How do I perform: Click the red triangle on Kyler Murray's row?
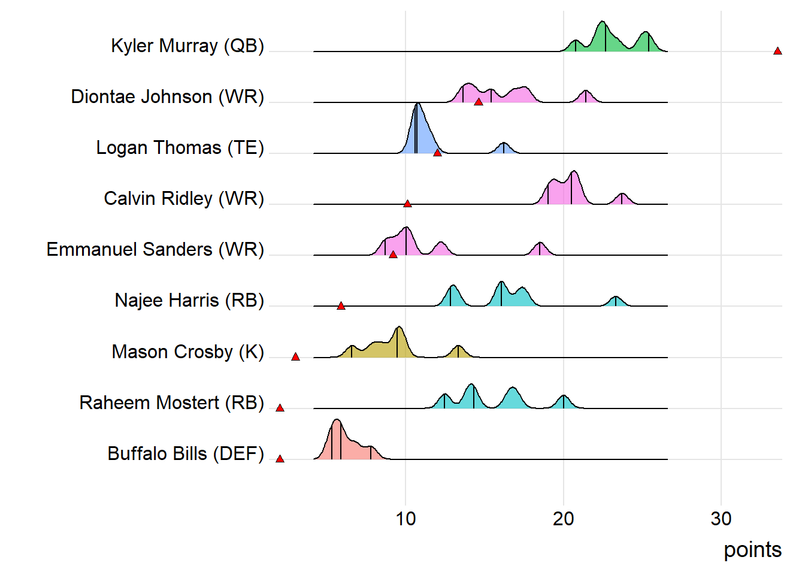[x=777, y=52]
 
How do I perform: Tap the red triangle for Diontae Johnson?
[x=478, y=102]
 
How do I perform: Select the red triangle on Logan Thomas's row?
[x=437, y=153]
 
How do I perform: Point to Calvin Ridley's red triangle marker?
[x=407, y=204]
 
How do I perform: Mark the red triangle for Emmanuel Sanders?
[x=393, y=255]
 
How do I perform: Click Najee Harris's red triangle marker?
[x=341, y=306]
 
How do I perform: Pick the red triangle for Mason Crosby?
[x=295, y=357]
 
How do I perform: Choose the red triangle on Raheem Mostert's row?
[x=280, y=408]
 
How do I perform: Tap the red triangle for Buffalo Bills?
[x=280, y=459]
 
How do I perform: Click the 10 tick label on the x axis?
[x=405, y=519]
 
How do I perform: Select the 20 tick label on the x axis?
[x=563, y=519]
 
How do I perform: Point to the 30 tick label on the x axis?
[x=721, y=519]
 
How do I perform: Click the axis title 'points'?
[x=752, y=549]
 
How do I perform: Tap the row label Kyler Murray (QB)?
[x=187, y=46]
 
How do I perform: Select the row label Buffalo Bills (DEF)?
[x=186, y=454]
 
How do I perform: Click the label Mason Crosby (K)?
[x=187, y=352]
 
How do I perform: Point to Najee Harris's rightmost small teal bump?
[x=615, y=301]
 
